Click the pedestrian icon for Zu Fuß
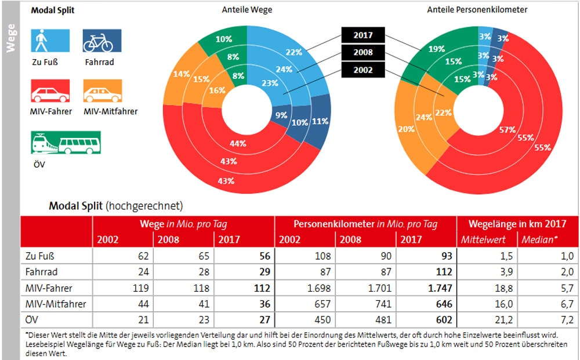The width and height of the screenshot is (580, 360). [x=50, y=41]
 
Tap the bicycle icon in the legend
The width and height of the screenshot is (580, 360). [x=102, y=41]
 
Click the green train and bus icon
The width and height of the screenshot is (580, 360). [x=65, y=143]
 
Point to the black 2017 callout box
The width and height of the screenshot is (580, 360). [x=363, y=35]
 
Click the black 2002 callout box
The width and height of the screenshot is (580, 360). [x=363, y=70]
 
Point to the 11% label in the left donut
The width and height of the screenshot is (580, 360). [x=320, y=122]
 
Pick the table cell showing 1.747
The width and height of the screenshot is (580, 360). [x=430, y=288]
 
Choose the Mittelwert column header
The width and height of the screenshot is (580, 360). [x=483, y=239]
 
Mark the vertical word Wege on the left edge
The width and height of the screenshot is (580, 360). [x=10, y=38]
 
